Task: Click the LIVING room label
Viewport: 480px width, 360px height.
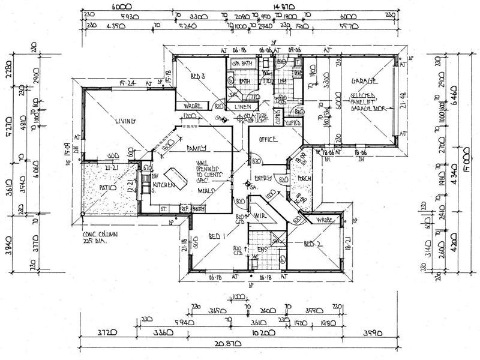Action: coord(127,122)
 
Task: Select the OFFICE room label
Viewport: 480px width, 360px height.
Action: coord(267,140)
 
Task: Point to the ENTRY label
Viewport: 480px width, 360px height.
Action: coord(263,178)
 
